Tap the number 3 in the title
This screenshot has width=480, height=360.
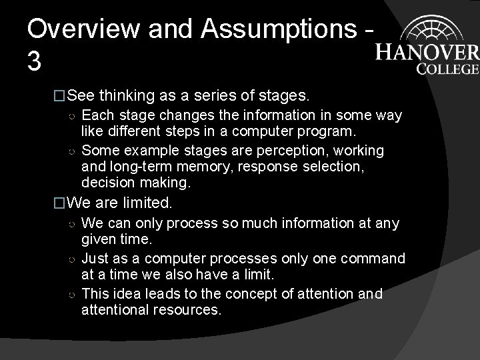click(x=35, y=62)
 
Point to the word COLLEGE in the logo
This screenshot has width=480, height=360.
click(x=447, y=68)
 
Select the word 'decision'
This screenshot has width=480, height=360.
click(x=106, y=181)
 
